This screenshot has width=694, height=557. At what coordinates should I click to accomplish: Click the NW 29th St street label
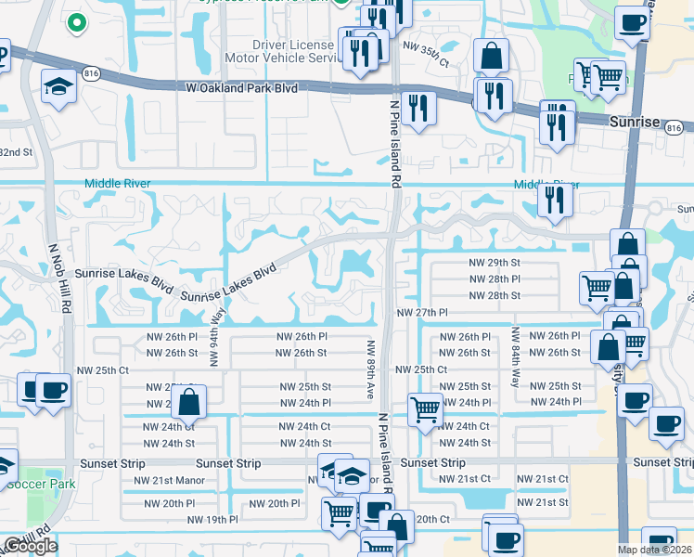[495, 264]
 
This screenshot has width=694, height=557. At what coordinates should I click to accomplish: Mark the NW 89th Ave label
[370, 369]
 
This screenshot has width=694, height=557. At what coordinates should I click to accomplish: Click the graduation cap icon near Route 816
[58, 86]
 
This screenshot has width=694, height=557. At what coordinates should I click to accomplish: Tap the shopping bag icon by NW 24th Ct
[188, 403]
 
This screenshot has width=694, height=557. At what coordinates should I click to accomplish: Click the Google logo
[30, 546]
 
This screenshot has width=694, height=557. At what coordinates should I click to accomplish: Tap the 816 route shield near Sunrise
[675, 127]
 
